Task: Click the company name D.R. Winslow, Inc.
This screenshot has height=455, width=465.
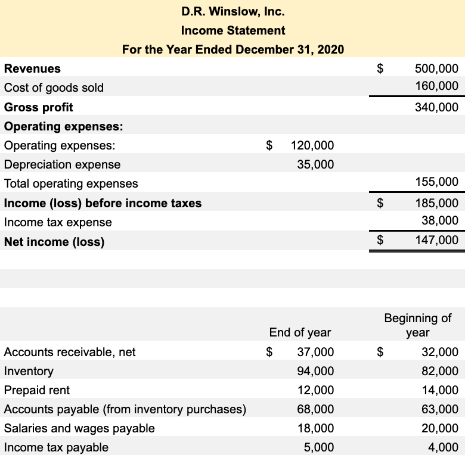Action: tap(232, 11)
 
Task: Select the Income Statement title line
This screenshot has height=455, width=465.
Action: tap(232, 30)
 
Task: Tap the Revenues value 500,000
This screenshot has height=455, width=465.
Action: tap(436, 68)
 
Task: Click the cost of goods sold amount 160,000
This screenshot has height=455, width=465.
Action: tap(436, 87)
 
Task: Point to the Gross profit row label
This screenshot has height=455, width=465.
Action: tap(39, 107)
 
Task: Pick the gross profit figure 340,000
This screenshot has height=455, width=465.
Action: tap(436, 107)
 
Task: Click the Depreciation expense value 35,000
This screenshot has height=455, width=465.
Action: tap(315, 164)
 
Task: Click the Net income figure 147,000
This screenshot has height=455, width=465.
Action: tap(436, 241)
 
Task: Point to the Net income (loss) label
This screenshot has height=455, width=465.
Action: tap(54, 242)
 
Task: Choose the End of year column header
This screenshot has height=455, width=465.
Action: tap(300, 332)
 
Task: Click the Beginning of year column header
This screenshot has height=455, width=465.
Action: tap(417, 325)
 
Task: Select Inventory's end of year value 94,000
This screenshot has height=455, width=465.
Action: tap(315, 371)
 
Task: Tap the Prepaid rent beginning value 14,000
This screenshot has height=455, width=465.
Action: tap(439, 390)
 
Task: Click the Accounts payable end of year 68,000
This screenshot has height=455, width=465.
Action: tap(315, 409)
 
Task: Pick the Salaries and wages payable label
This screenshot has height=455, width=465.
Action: tap(79, 428)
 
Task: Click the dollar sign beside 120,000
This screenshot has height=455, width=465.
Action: tap(269, 145)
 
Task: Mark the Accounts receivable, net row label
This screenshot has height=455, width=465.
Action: tap(70, 352)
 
